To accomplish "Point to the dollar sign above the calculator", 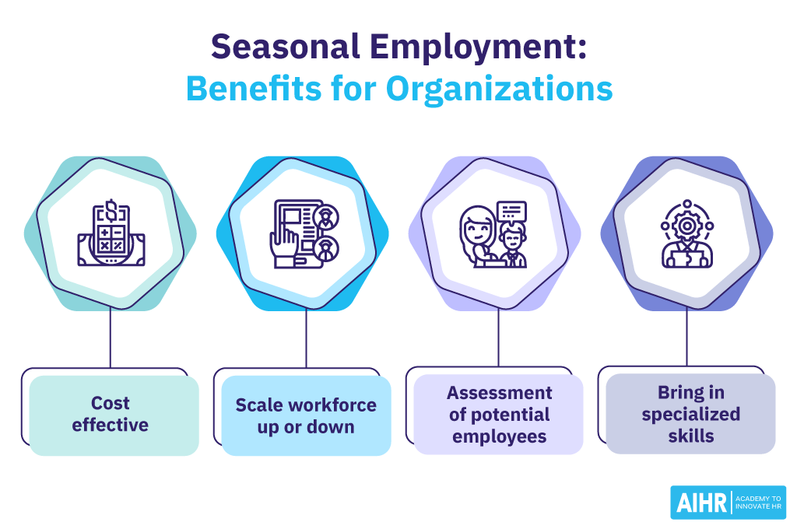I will click(x=111, y=208).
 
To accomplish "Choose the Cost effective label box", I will click(x=114, y=415).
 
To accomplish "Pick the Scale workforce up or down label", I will click(x=306, y=415).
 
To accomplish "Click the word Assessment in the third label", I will click(x=499, y=393).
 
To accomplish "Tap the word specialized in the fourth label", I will click(x=690, y=414).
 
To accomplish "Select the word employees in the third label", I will click(x=499, y=436).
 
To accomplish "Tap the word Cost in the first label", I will click(x=111, y=404).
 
